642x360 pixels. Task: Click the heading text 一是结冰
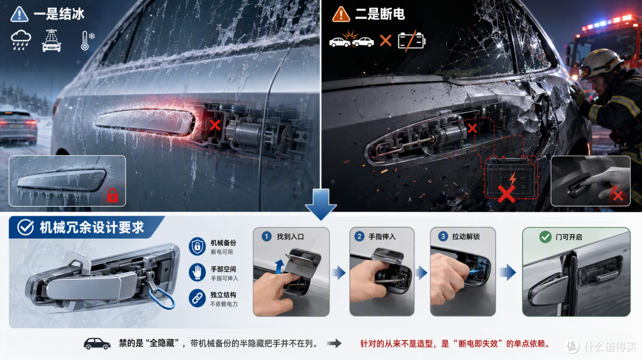coord(59,14)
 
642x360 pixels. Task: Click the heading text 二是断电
coord(379,14)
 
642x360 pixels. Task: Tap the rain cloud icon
coord(20,40)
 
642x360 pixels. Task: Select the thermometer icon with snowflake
coord(87,40)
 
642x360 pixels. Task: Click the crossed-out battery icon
coord(411,40)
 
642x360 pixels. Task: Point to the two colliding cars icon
coord(352,40)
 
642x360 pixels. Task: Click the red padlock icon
coord(112,195)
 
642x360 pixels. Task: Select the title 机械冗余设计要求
coord(92,228)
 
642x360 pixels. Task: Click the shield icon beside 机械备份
coord(197,247)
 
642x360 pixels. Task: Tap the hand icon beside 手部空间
coord(197,272)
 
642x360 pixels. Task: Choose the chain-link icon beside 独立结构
coord(197,298)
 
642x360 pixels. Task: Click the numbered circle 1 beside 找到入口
coord(266,236)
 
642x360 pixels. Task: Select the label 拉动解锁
coord(466,236)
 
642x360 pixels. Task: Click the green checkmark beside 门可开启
coord(545,237)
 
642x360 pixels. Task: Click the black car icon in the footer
coord(97,343)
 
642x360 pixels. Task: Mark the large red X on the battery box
coord(506,194)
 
